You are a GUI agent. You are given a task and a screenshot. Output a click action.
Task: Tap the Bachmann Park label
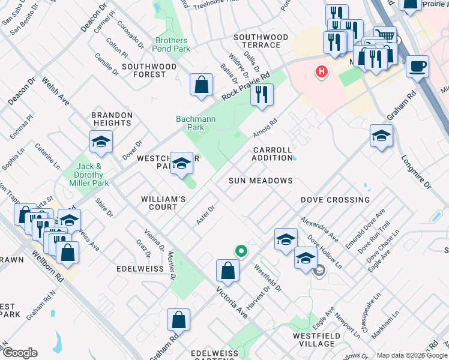196,124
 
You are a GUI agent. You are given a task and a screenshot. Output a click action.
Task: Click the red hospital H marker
322,73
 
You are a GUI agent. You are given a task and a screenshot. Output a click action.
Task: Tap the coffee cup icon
417,67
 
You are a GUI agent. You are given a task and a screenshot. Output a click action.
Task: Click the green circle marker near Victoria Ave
241,251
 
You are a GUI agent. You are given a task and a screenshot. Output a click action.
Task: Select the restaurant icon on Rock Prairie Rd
262,95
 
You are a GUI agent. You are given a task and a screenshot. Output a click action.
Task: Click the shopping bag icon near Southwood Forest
201,85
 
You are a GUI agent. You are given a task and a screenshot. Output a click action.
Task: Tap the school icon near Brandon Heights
101,142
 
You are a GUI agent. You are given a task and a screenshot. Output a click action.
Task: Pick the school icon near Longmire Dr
381,136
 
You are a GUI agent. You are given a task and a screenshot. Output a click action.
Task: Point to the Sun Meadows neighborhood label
261,181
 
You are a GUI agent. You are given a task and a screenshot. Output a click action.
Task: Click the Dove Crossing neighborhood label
335,200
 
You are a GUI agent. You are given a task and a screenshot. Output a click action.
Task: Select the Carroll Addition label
272,154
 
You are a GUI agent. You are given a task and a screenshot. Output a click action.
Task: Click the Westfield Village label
313,340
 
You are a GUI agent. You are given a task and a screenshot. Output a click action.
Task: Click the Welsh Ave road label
55,91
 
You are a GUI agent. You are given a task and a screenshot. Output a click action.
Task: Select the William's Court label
159,203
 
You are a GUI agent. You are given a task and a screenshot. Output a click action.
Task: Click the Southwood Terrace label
257,41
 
